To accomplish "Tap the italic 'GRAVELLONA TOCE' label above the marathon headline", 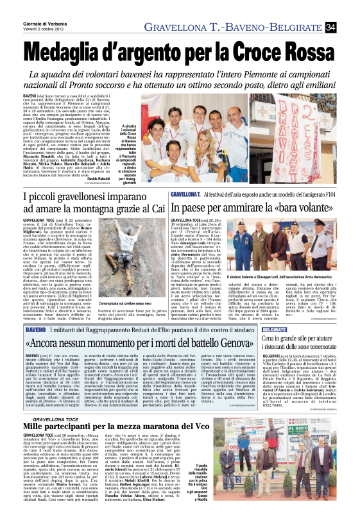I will pos(71,418).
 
